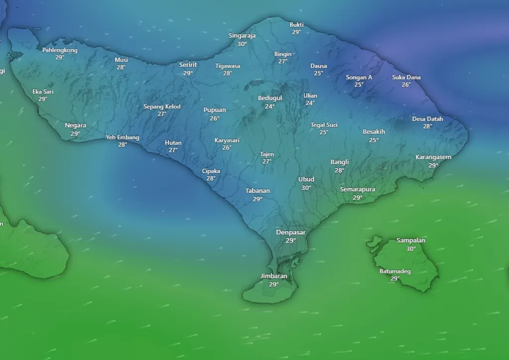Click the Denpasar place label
click(291, 232)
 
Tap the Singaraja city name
click(242, 36)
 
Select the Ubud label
click(306, 180)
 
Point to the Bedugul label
click(270, 98)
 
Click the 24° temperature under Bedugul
click(270, 106)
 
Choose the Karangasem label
click(433, 158)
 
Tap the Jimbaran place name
click(274, 276)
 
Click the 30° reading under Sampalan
click(411, 249)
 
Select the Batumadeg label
click(395, 271)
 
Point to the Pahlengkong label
click(60, 50)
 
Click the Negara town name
click(75, 125)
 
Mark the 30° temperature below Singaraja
click(242, 44)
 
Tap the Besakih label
click(374, 132)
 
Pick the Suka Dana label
click(406, 77)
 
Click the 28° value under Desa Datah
click(427, 127)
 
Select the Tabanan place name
click(257, 190)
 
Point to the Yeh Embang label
click(122, 137)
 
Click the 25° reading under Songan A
click(359, 85)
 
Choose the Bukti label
click(296, 24)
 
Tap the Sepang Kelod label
click(162, 106)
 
